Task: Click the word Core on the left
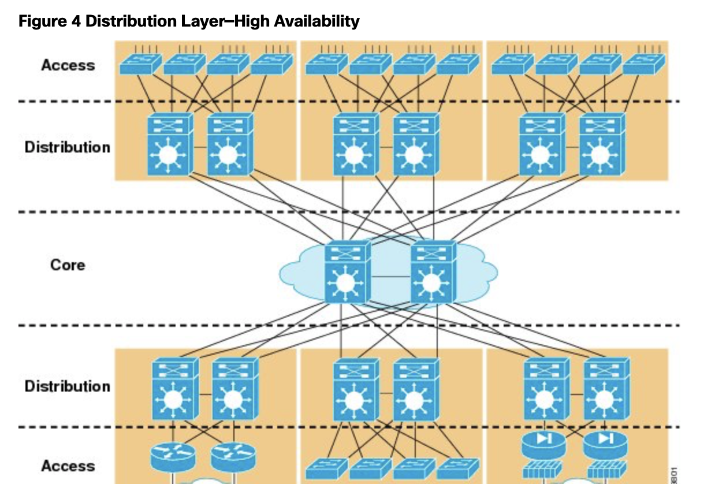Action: [x=68, y=265]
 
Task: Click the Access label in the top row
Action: [x=68, y=65]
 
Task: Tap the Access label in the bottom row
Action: [x=68, y=466]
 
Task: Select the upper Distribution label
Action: [x=67, y=147]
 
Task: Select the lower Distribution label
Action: [x=67, y=386]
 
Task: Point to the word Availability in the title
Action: [x=316, y=21]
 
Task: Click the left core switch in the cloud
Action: [x=347, y=273]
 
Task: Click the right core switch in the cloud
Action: [x=432, y=273]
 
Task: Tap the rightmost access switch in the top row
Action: [x=643, y=65]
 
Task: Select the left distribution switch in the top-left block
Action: [x=169, y=145]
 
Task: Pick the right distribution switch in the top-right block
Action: [x=602, y=145]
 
